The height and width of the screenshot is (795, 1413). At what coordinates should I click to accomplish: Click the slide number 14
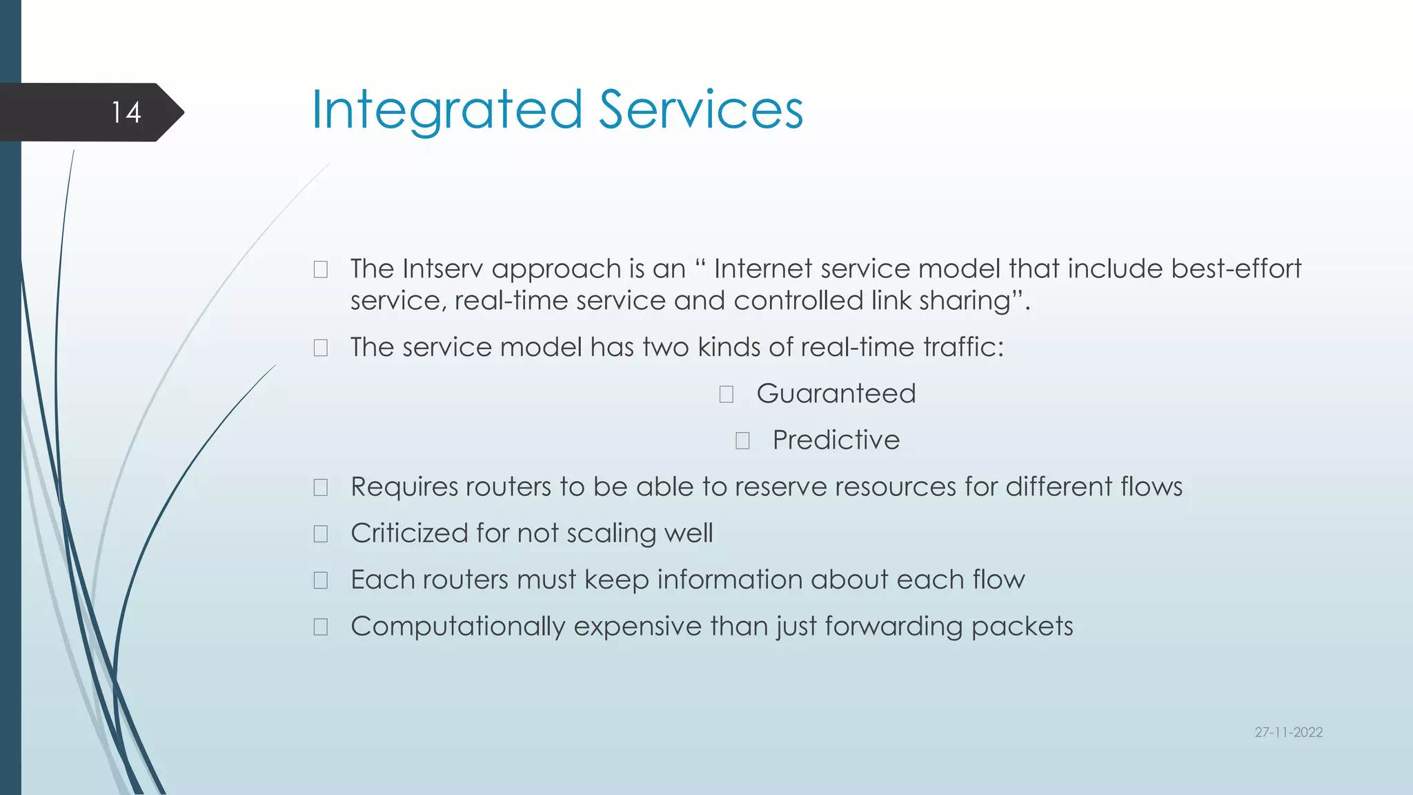click(x=126, y=112)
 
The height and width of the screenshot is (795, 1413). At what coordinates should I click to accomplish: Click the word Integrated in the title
click(x=447, y=110)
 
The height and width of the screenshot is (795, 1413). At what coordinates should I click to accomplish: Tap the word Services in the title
click(x=700, y=110)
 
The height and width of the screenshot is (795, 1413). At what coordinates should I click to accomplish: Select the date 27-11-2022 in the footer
click(x=1288, y=732)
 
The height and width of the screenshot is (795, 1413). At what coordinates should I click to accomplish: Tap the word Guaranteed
click(x=836, y=393)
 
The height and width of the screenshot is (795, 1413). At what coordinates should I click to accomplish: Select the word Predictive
click(x=836, y=440)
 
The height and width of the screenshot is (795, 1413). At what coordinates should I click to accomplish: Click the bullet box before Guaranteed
click(x=726, y=394)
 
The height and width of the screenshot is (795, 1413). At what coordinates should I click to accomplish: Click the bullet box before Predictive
click(x=742, y=441)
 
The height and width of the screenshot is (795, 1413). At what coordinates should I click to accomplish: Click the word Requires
click(x=404, y=487)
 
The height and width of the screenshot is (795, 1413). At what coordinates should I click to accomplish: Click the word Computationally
click(x=457, y=627)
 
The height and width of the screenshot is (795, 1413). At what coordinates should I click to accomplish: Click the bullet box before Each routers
click(x=321, y=580)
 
